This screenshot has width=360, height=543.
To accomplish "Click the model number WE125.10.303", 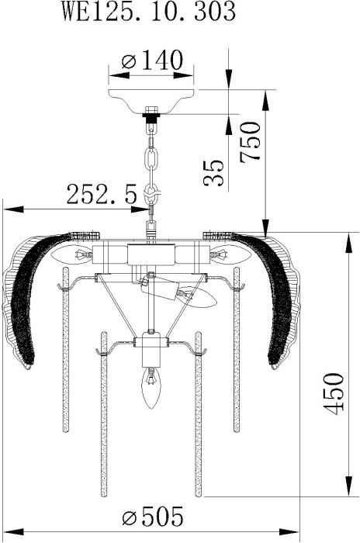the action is (x=149, y=12).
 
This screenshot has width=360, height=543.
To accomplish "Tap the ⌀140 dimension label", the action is (x=152, y=61).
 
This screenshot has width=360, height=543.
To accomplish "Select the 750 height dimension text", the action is (x=250, y=140).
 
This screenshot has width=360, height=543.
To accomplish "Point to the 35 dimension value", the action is (x=213, y=173).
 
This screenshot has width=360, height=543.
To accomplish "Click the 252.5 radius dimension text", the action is (x=102, y=194).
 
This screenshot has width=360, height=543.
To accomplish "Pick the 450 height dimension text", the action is (x=334, y=393).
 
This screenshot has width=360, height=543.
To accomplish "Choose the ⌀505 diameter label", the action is (x=152, y=517).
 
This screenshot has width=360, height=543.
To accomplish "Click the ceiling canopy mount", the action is (x=151, y=101).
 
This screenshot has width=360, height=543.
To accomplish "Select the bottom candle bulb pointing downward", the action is (x=151, y=388).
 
